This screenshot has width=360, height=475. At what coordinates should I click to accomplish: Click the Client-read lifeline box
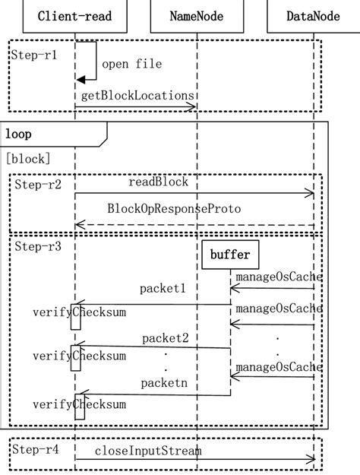pyautogui.click(x=74, y=16)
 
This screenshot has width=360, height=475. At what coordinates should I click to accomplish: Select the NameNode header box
pyautogui.click(x=197, y=16)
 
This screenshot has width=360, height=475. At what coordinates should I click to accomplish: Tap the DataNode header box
pyautogui.click(x=314, y=16)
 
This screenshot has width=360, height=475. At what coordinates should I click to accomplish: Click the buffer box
pyautogui.click(x=232, y=255)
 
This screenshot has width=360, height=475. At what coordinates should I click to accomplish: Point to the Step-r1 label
pyautogui.click(x=34, y=55)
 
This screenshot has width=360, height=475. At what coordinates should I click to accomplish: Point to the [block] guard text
pyautogui.click(x=28, y=158)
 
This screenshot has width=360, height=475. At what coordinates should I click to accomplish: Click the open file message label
pyautogui.click(x=131, y=64)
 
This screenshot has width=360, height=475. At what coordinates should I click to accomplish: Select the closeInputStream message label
pyautogui.click(x=148, y=451)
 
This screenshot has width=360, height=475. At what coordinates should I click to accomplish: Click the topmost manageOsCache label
pyautogui.click(x=279, y=277)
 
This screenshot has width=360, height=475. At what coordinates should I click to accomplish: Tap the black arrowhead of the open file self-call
pyautogui.click(x=81, y=80)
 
